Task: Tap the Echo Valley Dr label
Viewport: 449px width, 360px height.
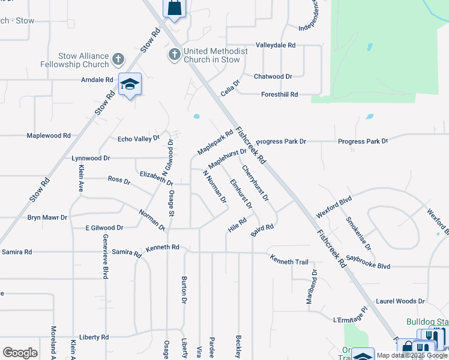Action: [139, 139]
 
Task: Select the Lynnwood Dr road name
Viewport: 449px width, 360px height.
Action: [91, 158]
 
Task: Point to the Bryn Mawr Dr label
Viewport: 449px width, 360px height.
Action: [47, 217]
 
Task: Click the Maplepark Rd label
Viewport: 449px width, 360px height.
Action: [215, 142]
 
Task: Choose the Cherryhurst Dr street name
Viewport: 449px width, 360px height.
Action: [256, 182]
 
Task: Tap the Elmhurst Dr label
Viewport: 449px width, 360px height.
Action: [241, 194]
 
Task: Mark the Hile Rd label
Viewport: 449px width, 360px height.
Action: [237, 225]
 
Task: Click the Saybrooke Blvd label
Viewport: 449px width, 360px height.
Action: [385, 266]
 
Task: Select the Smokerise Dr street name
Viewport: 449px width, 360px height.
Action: [359, 233]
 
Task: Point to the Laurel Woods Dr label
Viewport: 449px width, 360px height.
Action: [400, 301]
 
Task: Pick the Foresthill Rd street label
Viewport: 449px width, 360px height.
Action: [280, 95]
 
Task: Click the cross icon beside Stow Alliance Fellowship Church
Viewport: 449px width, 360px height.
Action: [118, 59]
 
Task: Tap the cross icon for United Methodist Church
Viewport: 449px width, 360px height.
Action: [175, 55]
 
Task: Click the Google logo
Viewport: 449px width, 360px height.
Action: [20, 353]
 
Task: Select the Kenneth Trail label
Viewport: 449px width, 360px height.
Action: [289, 260]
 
